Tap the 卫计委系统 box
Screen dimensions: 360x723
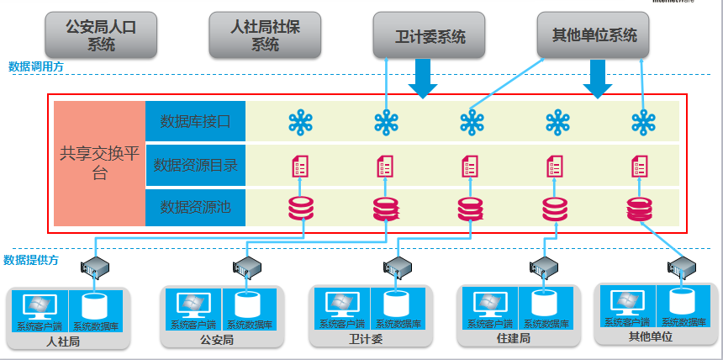pos(429,36)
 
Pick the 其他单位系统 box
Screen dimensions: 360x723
pos(594,35)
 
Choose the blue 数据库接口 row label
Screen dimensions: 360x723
pos(195,122)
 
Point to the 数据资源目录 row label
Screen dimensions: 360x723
pos(195,165)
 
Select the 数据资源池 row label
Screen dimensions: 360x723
pos(195,207)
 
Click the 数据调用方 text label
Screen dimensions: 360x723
pos(35,66)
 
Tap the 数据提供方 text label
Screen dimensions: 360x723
pos(31,260)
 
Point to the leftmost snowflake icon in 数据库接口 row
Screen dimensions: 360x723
pos(300,123)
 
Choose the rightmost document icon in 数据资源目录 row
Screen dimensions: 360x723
pos(641,165)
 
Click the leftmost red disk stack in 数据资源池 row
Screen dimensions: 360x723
pos(300,207)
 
